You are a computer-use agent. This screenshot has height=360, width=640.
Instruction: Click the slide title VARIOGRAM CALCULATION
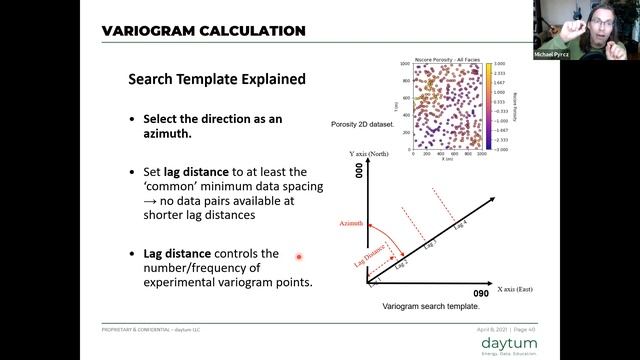point(204,31)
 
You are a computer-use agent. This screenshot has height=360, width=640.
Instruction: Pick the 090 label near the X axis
point(480,294)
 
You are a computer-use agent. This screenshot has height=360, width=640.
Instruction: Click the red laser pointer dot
point(298,257)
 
